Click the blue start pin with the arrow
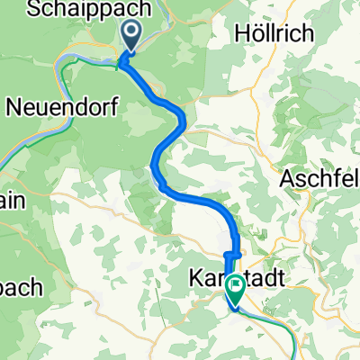coord(131,37)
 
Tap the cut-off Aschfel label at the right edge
coord(319,176)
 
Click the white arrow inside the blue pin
coord(131,35)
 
